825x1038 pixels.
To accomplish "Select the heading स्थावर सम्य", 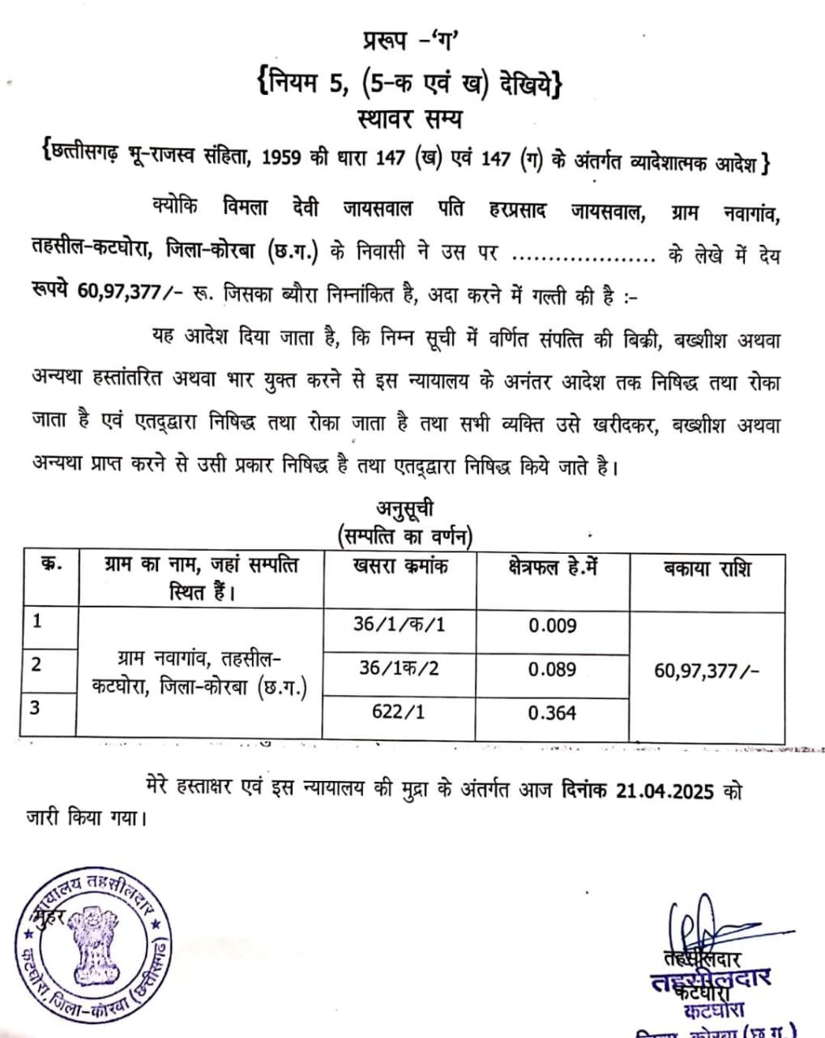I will coord(410,119).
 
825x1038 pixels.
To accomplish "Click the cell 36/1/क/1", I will coord(400,625).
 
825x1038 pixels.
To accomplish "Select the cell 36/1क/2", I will coord(400,668).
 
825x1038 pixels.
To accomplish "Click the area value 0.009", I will coord(552,625).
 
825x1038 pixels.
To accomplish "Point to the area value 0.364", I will coord(552,713).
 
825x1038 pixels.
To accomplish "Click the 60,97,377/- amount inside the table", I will coord(707,670).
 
